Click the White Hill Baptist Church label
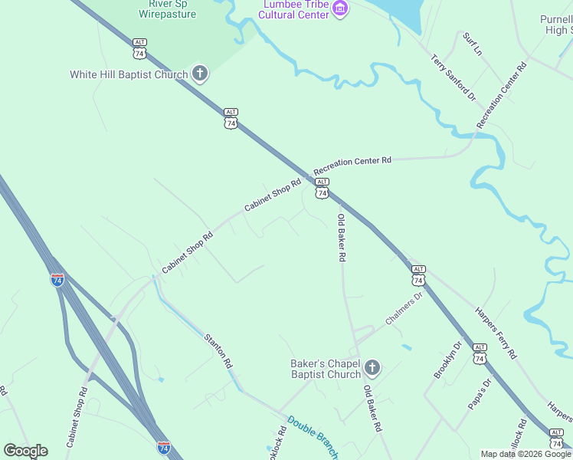[129, 74]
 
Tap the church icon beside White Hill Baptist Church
[199, 74]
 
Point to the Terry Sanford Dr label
[453, 78]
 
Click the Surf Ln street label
[473, 44]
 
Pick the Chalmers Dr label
[404, 309]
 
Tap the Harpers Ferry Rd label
[496, 333]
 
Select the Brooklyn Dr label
[448, 360]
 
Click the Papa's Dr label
[480, 394]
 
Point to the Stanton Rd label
[218, 350]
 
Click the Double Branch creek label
[313, 438]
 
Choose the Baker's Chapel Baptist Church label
[325, 369]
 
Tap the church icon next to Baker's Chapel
[372, 368]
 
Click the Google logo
[25, 451]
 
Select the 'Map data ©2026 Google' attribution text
[526, 454]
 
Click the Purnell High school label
[556, 25]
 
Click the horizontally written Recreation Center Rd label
[352, 162]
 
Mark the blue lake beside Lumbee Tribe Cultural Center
[407, 13]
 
